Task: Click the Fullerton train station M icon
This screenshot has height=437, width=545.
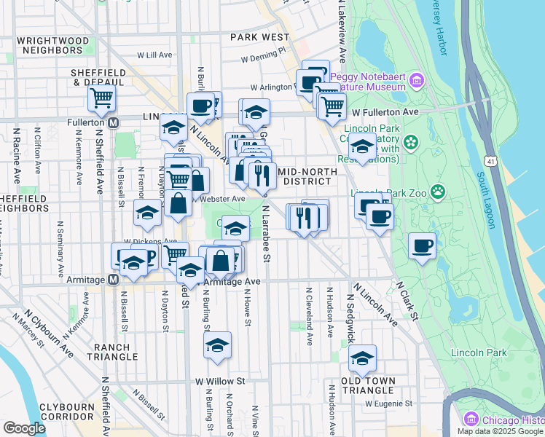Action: pyautogui.click(x=113, y=123)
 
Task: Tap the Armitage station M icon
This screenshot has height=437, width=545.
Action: pyautogui.click(x=113, y=280)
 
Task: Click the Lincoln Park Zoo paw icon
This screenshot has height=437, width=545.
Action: pyautogui.click(x=437, y=192)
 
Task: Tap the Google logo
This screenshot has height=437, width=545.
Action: pyautogui.click(x=25, y=428)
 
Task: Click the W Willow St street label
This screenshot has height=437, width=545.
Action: pyautogui.click(x=220, y=381)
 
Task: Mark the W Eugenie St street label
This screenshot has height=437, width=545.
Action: pyautogui.click(x=389, y=403)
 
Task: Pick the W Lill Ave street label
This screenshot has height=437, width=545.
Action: pyautogui.click(x=154, y=55)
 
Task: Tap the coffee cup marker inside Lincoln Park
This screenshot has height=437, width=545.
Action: pyautogui.click(x=422, y=246)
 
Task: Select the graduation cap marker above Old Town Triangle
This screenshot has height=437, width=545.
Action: pyautogui.click(x=362, y=358)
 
